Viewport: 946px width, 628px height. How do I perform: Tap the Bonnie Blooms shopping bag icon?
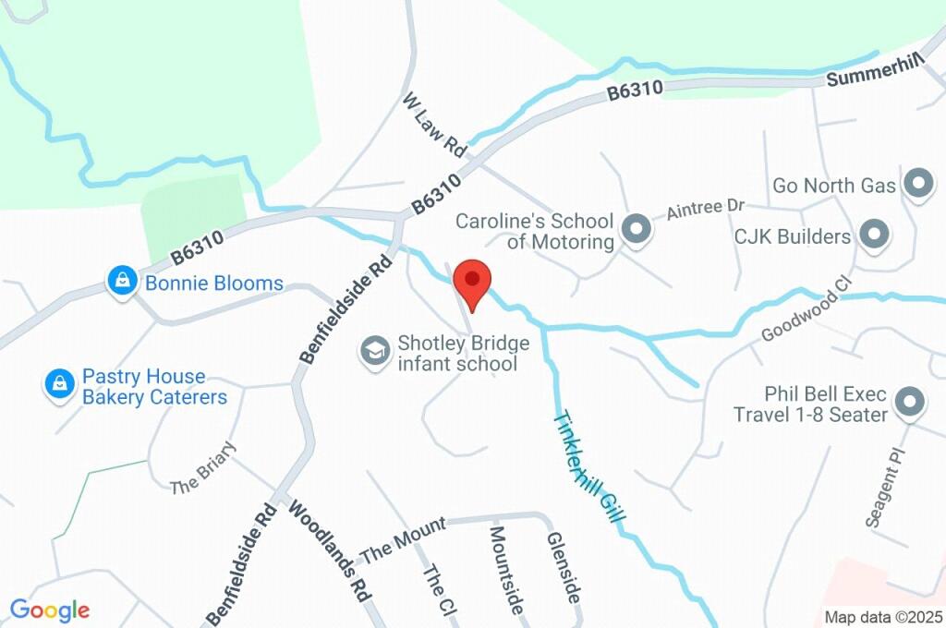pyautogui.click(x=122, y=282)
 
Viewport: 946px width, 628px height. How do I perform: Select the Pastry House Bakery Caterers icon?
pyautogui.click(x=60, y=384)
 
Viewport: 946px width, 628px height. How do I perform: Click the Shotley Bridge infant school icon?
pyautogui.click(x=374, y=352)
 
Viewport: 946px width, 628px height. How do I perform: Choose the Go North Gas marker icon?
pyautogui.click(x=917, y=185)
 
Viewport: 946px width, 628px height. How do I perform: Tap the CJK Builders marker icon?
pyautogui.click(x=873, y=235)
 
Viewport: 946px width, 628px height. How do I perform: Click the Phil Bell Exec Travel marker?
pyautogui.click(x=911, y=403)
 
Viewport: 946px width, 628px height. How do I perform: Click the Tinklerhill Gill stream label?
pyautogui.click(x=587, y=466)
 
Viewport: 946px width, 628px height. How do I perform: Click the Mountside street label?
pyautogui.click(x=506, y=570)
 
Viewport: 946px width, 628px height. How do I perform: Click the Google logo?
pyautogui.click(x=50, y=610)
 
